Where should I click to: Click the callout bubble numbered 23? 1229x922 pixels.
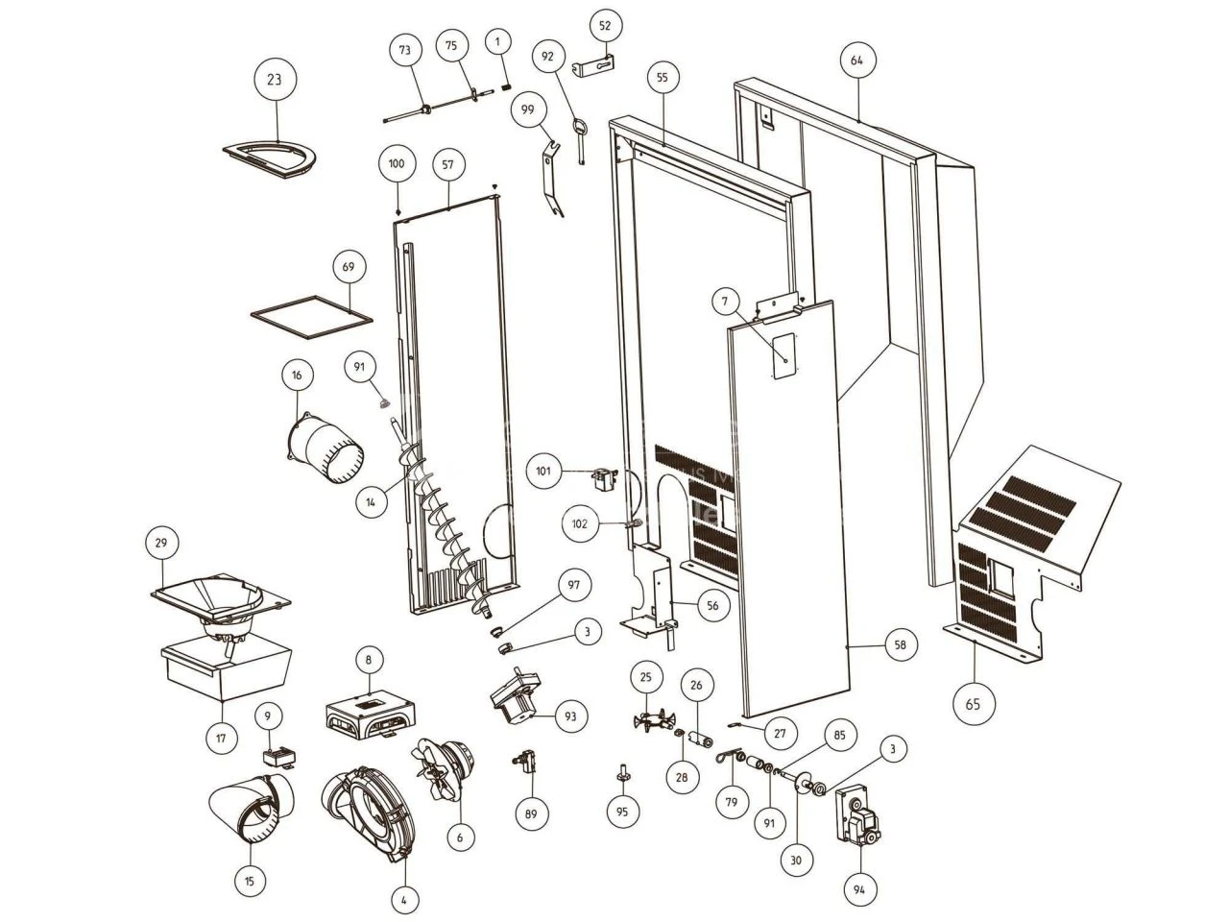tap(275, 80)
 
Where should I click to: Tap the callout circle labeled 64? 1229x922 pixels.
tap(856, 60)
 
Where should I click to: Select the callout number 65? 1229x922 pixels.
tap(974, 704)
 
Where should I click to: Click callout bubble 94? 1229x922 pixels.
tap(858, 890)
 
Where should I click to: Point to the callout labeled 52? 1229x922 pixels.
tap(605, 27)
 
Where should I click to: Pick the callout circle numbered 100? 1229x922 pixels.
tap(397, 163)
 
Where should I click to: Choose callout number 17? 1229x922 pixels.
tap(222, 739)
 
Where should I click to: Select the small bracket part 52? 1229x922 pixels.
tap(595, 68)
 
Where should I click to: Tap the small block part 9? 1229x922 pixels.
tap(280, 756)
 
